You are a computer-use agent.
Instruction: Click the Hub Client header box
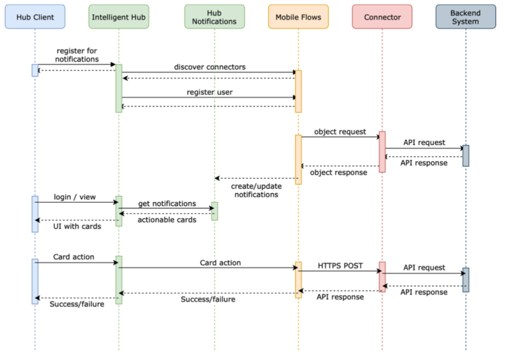pyautogui.click(x=35, y=17)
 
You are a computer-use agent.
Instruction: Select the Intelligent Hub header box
pyautogui.click(x=118, y=17)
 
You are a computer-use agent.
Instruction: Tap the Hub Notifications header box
pyautogui.click(x=214, y=17)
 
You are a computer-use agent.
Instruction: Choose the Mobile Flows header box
pyautogui.click(x=298, y=17)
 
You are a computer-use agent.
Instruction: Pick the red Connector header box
pyautogui.click(x=382, y=17)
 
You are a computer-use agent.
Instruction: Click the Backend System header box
pyautogui.click(x=465, y=17)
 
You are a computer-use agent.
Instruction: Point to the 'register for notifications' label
pyautogui.click(x=77, y=54)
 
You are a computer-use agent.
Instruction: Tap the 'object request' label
pyautogui.click(x=340, y=131)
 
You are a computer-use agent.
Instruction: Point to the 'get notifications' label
pyautogui.click(x=167, y=203)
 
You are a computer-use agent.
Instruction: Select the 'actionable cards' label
pyautogui.click(x=167, y=220)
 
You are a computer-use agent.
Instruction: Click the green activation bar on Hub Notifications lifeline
pyautogui.click(x=214, y=211)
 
